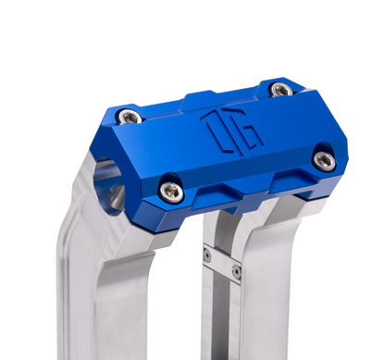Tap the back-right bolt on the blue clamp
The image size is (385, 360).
[x=281, y=89]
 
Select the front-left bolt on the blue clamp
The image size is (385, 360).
[x=171, y=191]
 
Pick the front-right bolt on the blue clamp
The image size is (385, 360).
[x=324, y=159]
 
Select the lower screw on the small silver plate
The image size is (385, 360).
[x=236, y=272]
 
